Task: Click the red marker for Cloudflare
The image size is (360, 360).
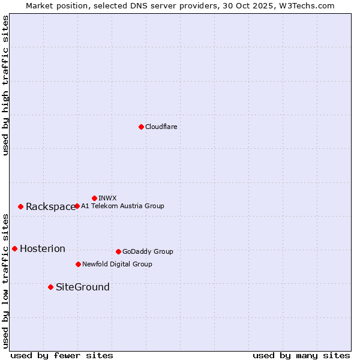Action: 141,127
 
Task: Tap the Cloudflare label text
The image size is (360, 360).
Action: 161,127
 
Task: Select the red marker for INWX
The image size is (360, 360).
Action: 94,198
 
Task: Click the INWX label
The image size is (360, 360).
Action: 107,198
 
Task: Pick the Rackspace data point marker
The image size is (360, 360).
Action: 20,206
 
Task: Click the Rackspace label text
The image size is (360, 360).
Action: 50,207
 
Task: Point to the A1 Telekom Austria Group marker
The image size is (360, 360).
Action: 77,206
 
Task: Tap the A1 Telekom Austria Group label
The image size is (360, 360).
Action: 122,206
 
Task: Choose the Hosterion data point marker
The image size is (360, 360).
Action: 14,248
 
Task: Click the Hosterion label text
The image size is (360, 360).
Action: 43,249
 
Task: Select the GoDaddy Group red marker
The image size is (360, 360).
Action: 118,251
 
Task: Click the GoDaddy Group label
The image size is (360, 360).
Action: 148,251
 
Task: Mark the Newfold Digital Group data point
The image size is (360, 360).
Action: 78,264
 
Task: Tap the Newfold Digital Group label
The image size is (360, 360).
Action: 117,264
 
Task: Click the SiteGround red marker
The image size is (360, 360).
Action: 50,287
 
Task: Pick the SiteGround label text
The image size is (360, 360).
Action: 83,287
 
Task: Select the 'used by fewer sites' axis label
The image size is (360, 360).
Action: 62,356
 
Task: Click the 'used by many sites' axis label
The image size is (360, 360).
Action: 301,356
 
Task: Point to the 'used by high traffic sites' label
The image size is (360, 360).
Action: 5,85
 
